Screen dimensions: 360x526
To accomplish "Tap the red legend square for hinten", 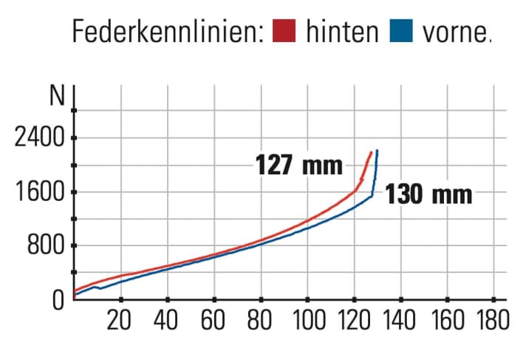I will tap(284, 31).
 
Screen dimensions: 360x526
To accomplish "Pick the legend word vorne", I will tap(454, 32).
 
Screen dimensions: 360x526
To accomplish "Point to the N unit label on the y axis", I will tap(57, 97).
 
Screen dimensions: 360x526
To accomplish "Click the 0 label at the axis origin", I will tap(58, 299).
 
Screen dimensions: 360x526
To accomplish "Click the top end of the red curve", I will tap(371, 152).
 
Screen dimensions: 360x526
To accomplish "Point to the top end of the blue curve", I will tap(377, 151).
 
